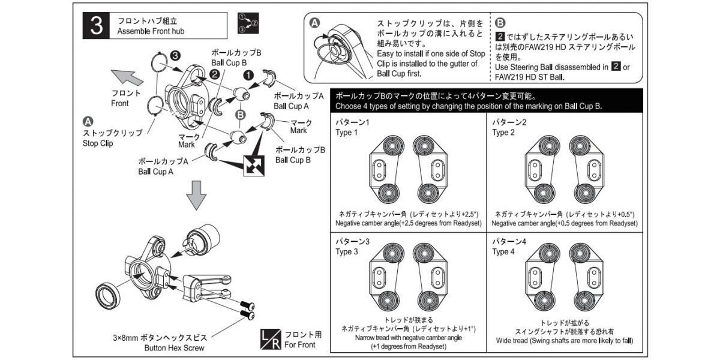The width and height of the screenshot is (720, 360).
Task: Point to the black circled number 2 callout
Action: pos(215,74)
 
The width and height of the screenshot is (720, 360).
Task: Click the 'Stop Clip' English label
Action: pos(100,143)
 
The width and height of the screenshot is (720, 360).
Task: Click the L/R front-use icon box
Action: pos(270,340)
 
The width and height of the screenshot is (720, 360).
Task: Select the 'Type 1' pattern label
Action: pos(346,133)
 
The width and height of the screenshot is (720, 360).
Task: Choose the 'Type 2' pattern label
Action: pos(503,133)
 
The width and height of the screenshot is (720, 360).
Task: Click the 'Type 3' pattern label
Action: pos(346,251)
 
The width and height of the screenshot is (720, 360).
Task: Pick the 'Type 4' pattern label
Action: pos(503,251)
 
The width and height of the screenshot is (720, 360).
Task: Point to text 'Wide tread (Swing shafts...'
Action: pos(564,341)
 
